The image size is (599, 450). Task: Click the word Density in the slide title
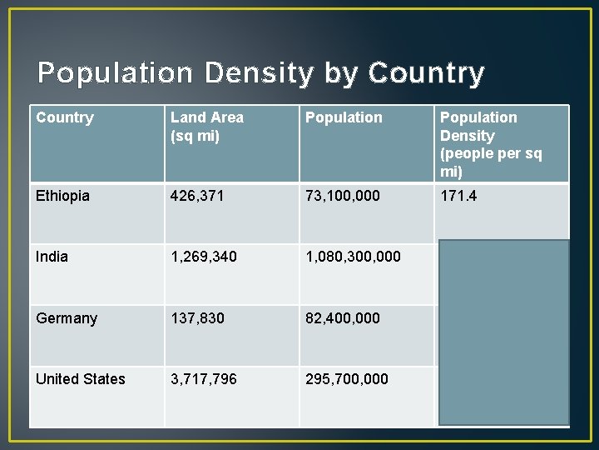tap(259, 73)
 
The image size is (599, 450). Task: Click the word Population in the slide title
tap(113, 73)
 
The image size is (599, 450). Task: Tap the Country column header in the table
tap(65, 117)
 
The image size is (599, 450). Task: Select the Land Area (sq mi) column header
tap(206, 127)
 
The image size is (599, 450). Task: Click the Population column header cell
tap(344, 117)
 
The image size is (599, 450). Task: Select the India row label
tap(51, 257)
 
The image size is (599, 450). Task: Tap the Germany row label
tap(67, 317)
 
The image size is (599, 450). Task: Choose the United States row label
tap(81, 379)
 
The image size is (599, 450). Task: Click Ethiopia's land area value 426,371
tap(203, 195)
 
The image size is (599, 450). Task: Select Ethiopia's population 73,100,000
tap(343, 195)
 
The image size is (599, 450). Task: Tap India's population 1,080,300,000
tap(353, 257)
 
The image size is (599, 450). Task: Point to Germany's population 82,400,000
tap(343, 317)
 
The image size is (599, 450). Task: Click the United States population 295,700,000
tap(347, 379)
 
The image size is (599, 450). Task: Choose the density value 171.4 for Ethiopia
tap(459, 195)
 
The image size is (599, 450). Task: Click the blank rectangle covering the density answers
tap(504, 332)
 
